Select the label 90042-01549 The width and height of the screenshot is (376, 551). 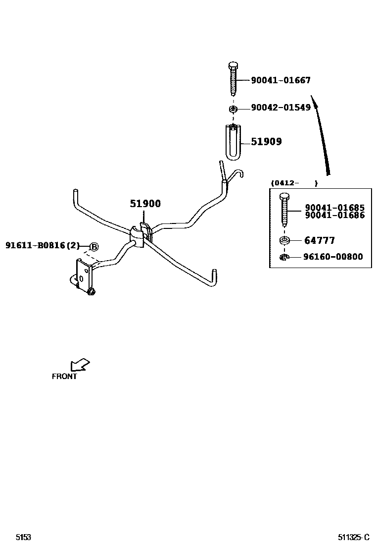[281, 108]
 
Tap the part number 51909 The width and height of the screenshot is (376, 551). [266, 142]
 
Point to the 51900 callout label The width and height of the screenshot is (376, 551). [145, 204]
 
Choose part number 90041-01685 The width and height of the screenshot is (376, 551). [334, 208]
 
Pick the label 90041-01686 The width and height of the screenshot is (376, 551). [334, 216]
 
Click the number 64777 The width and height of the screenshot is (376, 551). [319, 240]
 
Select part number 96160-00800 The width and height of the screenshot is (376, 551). [333, 257]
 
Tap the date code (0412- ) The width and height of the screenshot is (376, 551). [294, 183]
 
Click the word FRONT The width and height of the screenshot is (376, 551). [64, 376]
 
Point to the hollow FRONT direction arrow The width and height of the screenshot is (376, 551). [80, 365]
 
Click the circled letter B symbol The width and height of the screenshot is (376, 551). [94, 246]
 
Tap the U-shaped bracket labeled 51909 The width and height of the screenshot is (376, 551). [234, 142]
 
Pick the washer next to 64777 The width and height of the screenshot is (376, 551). [284, 241]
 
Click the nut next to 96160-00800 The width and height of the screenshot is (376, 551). [284, 257]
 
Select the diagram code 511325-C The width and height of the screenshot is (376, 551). [354, 537]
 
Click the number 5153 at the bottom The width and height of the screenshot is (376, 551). [23, 537]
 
